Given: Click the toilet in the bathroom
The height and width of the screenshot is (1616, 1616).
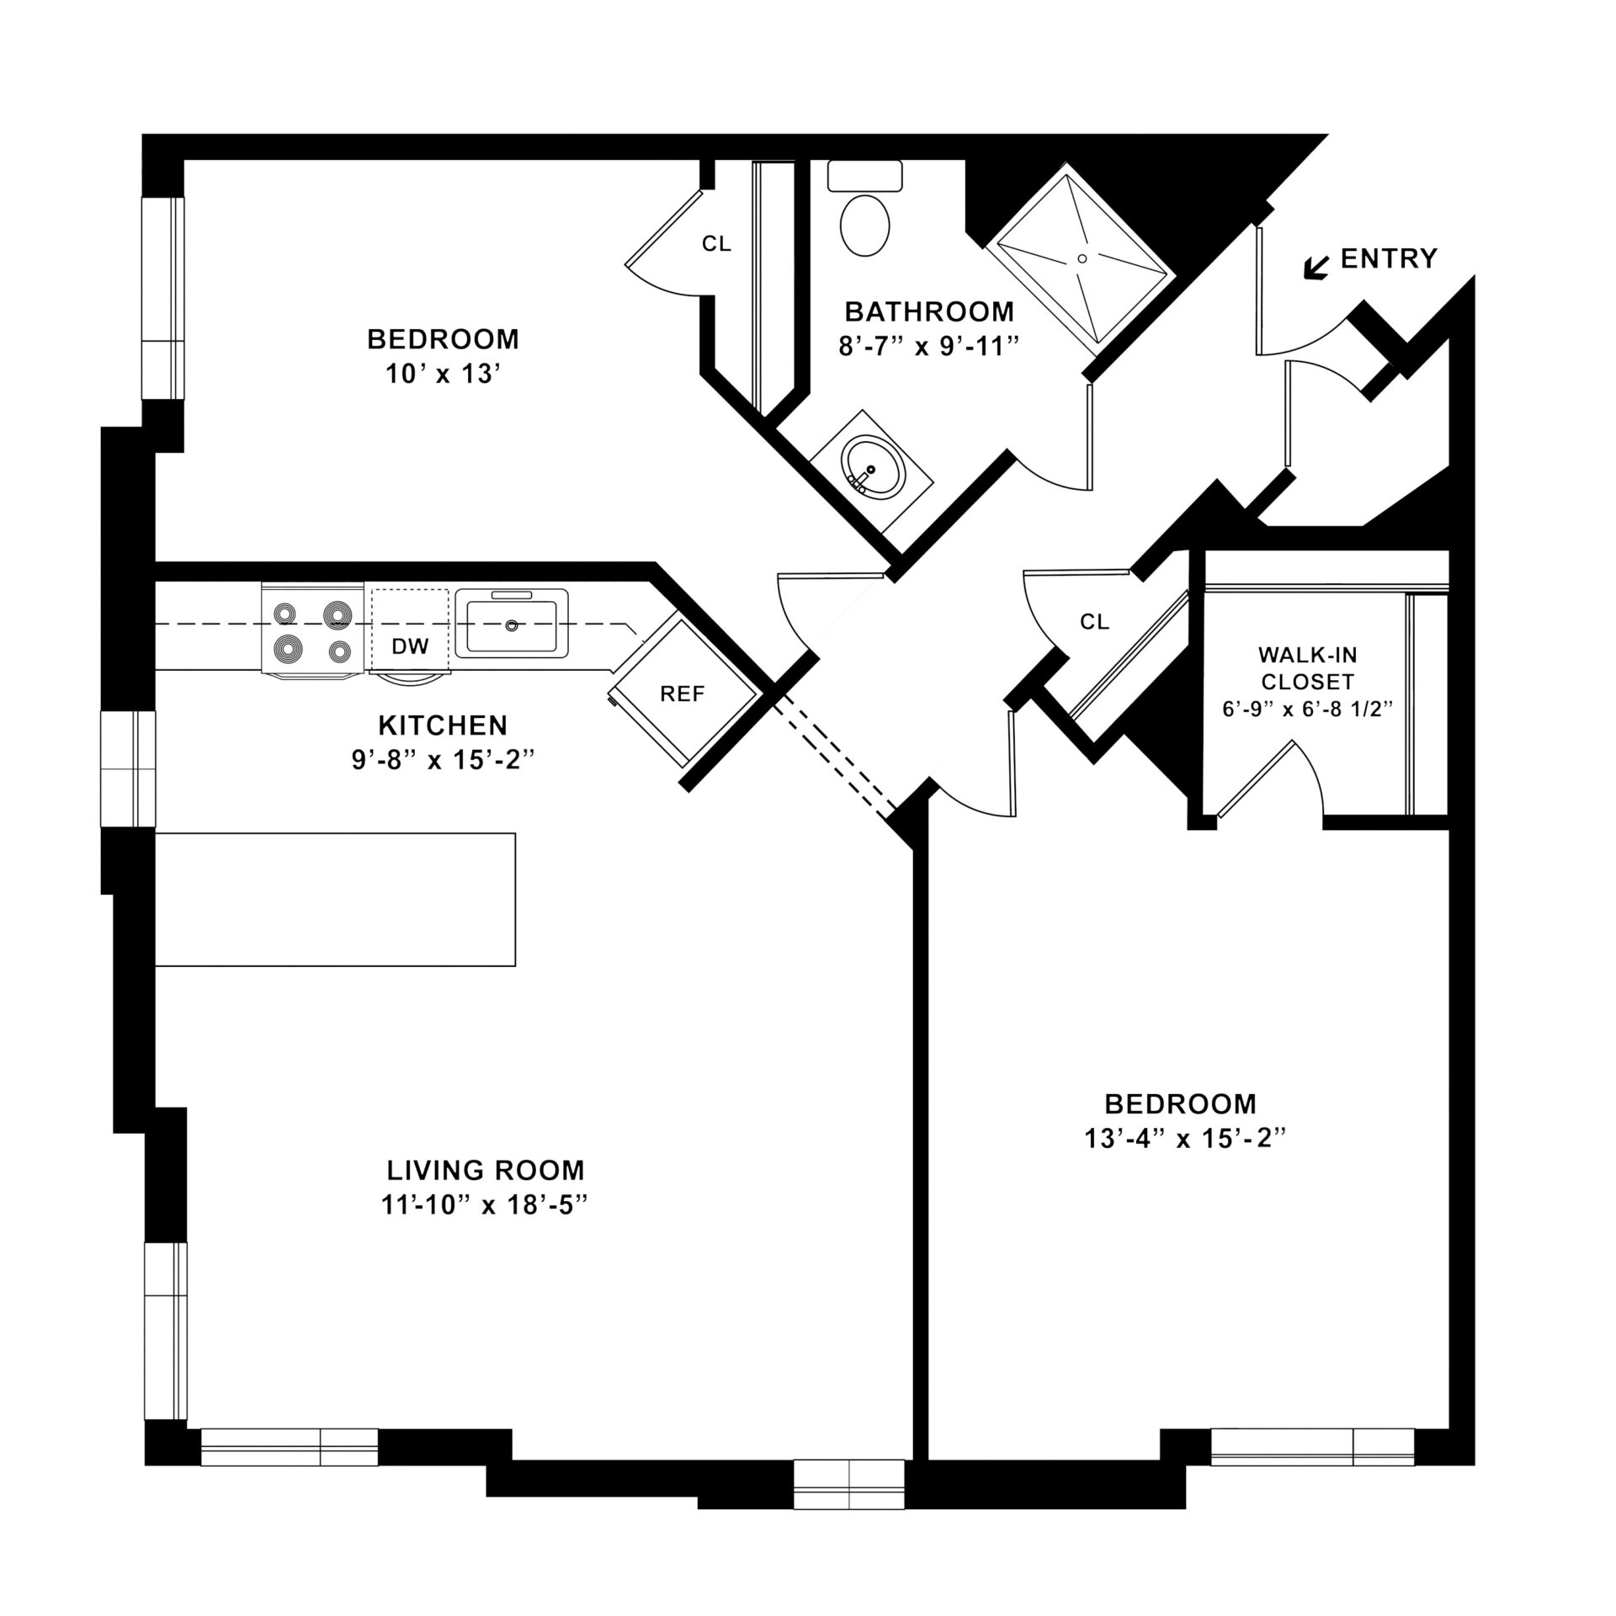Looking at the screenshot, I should tap(864, 225).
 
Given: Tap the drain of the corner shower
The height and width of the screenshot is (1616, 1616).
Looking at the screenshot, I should tap(1082, 258).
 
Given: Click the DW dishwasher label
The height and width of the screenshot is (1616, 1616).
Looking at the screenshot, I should tap(410, 646).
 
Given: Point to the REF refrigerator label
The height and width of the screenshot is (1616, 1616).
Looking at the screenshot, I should tap(682, 694).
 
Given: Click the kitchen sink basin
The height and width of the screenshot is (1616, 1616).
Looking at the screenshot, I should tap(511, 625).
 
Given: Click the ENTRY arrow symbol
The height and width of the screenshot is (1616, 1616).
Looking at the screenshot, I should tap(1315, 267).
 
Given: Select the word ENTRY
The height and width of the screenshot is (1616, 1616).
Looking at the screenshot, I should tap(1388, 258).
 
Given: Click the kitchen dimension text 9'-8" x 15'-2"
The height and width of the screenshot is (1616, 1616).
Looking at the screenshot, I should tap(444, 760).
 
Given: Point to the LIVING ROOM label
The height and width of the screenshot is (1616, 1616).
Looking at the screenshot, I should tap(485, 1170).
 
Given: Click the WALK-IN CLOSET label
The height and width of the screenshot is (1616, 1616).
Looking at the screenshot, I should tap(1307, 667).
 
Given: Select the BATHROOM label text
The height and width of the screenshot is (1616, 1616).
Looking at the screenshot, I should tap(929, 311).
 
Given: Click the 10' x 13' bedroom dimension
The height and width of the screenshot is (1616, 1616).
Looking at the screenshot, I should tap(443, 375).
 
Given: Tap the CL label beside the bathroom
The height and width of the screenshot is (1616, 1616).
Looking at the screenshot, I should tap(716, 244).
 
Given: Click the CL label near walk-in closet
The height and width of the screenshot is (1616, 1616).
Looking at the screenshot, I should tap(1094, 621).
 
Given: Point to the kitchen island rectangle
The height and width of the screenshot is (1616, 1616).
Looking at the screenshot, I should tap(335, 899).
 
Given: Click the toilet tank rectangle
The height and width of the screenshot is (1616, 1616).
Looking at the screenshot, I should tap(864, 176).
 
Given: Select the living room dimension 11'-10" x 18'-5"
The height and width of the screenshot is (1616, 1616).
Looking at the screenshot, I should tap(483, 1205).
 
